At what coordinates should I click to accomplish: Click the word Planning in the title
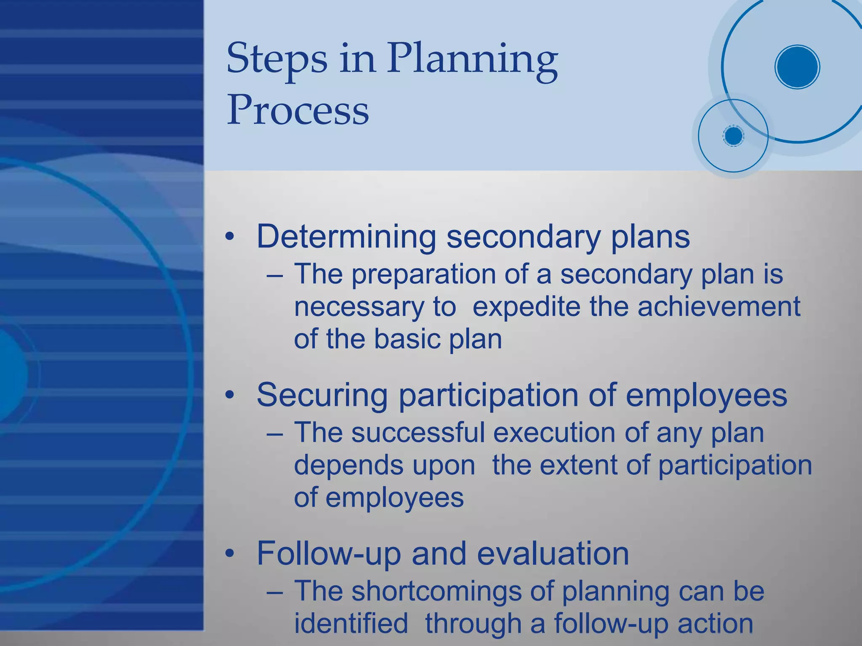pos(472,59)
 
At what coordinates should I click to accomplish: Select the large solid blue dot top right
pos(797,67)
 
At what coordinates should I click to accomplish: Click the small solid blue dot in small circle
pos(733,136)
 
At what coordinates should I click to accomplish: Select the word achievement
pos(718,306)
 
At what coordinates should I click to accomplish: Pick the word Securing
pos(322,396)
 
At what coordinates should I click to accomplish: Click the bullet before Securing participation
pos(229,396)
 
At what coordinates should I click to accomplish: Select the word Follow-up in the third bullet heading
pos(328,554)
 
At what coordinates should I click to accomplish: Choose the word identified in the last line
pos(351,623)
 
